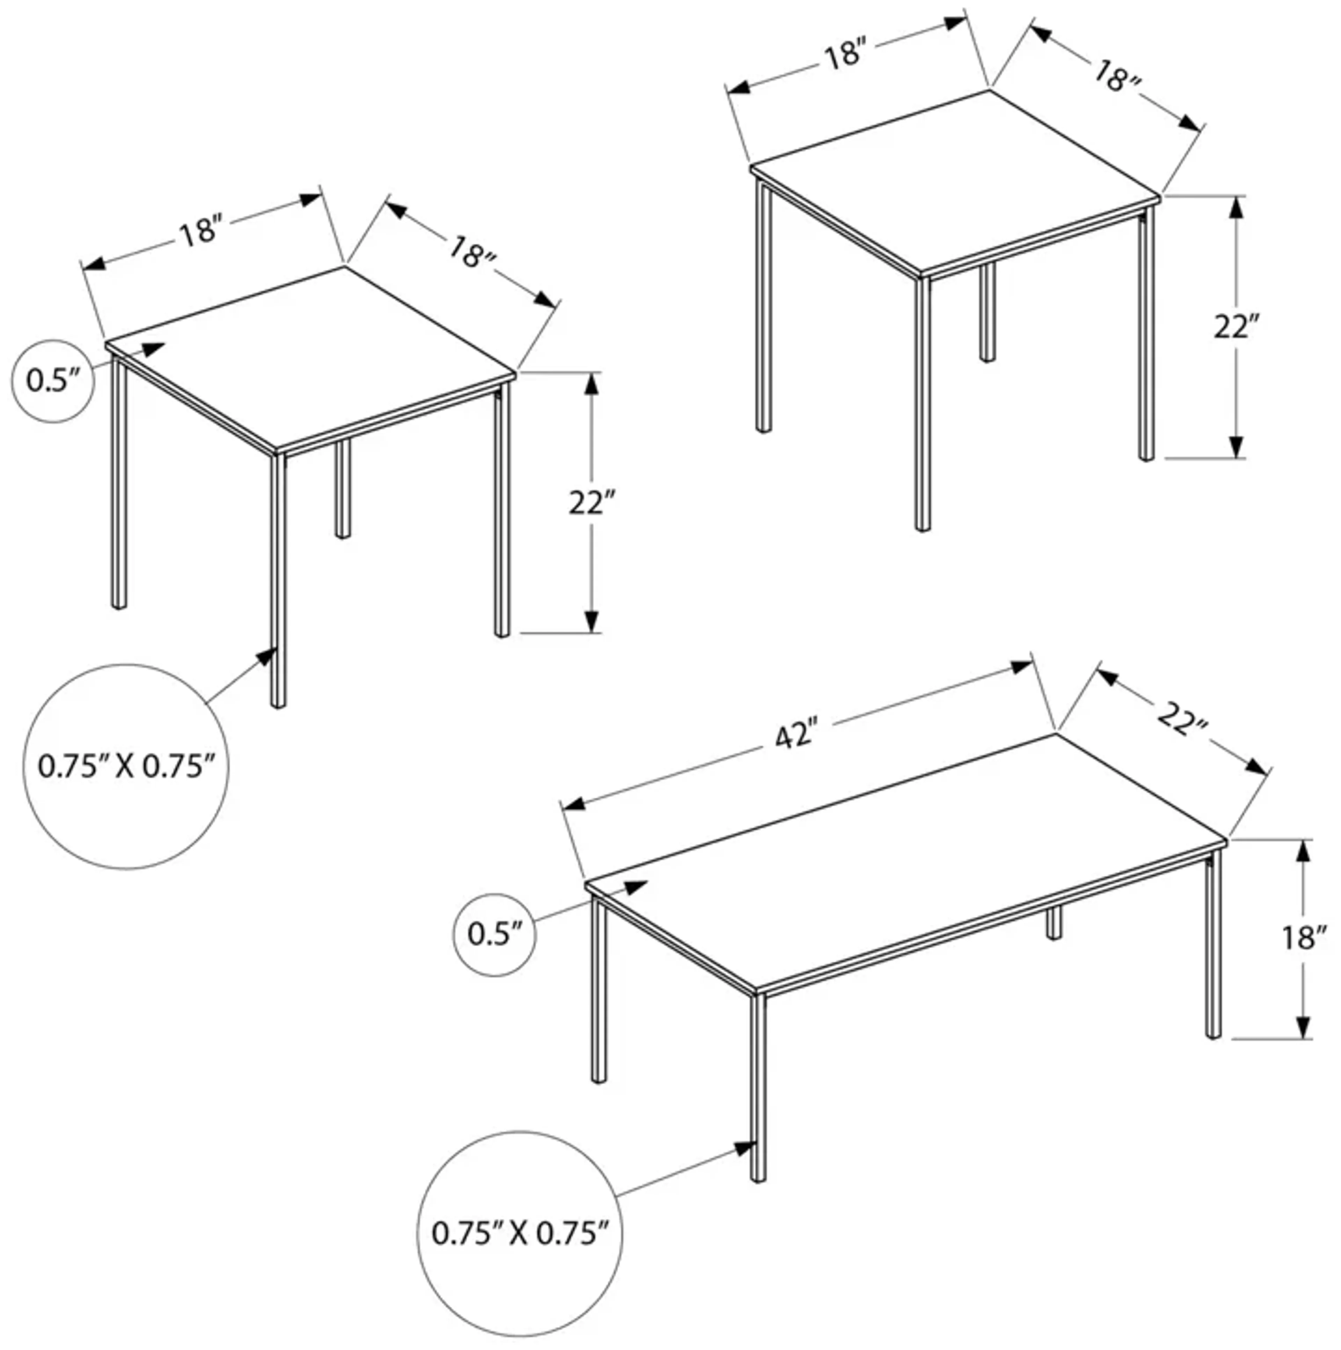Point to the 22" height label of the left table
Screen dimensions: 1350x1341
(x=592, y=503)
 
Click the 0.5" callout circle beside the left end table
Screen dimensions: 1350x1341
(x=52, y=382)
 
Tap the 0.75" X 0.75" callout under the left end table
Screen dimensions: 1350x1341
(x=126, y=767)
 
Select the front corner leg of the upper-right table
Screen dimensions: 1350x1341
(x=922, y=405)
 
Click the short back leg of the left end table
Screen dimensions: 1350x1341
(x=343, y=489)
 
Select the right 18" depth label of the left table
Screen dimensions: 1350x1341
(x=472, y=253)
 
